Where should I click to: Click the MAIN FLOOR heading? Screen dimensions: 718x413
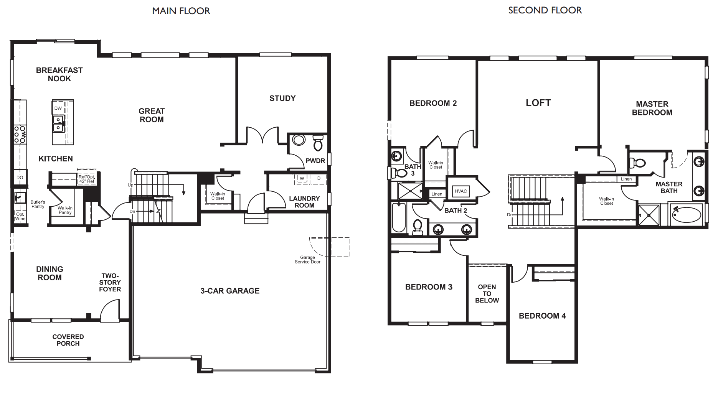(181, 11)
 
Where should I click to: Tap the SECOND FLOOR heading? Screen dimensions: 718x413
(545, 10)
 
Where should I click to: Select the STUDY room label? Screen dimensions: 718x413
(282, 98)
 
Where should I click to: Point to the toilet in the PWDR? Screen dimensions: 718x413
(318, 143)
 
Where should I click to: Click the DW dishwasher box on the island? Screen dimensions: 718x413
(58, 108)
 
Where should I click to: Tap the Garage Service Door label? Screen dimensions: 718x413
(307, 260)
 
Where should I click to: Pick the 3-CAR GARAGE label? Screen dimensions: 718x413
(230, 291)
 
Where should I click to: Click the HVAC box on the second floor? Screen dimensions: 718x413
(461, 191)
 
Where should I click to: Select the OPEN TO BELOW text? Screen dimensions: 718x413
(487, 294)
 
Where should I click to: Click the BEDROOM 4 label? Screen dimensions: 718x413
(542, 316)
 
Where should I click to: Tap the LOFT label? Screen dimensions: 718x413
(538, 103)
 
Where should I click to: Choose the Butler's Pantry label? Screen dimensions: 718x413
(38, 204)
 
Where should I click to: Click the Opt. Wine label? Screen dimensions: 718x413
(20, 217)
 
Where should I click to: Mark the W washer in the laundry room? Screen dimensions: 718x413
(302, 178)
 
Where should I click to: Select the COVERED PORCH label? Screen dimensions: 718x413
(68, 340)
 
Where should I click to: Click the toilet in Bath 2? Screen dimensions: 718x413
(418, 226)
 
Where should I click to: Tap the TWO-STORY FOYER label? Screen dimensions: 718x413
(110, 283)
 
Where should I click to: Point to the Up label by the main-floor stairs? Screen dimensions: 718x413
(130, 185)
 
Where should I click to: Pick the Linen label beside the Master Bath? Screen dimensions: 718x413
(626, 179)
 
